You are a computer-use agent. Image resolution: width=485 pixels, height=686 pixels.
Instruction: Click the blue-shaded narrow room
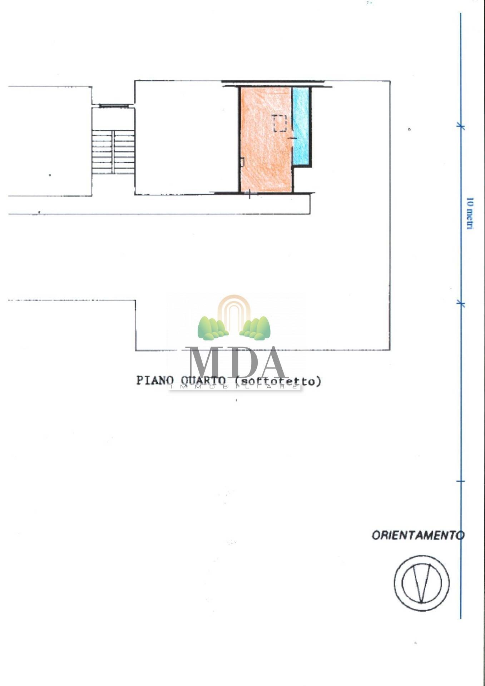(x=301, y=125)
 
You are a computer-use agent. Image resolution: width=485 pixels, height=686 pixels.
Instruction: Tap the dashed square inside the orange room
(x=280, y=124)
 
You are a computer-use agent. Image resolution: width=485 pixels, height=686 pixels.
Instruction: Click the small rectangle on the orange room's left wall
(x=242, y=162)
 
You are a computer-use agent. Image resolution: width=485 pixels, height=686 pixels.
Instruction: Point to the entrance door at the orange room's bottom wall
(x=249, y=193)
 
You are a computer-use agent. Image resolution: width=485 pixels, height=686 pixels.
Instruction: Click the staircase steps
(x=113, y=152)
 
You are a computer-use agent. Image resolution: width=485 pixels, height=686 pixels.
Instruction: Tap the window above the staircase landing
(x=114, y=106)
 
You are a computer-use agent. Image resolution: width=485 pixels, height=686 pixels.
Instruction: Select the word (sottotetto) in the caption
(x=278, y=381)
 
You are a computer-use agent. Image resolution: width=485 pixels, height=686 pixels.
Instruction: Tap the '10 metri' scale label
(x=470, y=213)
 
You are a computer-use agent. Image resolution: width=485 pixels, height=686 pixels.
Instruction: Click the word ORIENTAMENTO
(x=418, y=535)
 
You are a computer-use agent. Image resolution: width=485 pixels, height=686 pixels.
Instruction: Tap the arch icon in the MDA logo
(x=234, y=311)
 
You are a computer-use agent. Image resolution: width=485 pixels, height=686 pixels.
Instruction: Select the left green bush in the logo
(x=212, y=328)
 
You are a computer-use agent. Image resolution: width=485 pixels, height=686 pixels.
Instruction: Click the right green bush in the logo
(x=256, y=328)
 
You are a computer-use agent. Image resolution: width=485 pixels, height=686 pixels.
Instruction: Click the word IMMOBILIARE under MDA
(x=234, y=387)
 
